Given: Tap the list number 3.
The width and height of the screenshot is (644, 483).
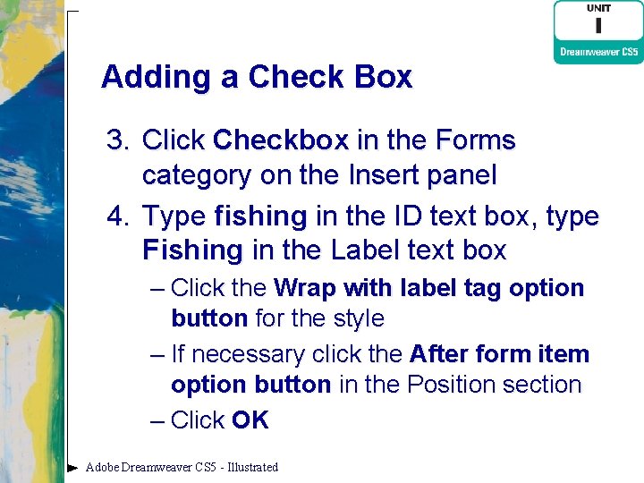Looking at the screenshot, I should click(x=117, y=140).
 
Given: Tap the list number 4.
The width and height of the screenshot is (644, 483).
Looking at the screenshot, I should click(x=117, y=216).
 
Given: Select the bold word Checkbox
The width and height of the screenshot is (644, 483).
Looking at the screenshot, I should click(x=281, y=140).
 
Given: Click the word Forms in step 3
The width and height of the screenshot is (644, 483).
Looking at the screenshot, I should click(x=473, y=140).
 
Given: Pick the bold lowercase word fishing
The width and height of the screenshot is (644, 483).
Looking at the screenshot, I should click(x=260, y=216).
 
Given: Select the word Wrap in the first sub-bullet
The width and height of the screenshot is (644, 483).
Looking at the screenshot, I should click(x=306, y=288).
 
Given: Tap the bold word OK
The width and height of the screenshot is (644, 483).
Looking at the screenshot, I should click(x=250, y=420).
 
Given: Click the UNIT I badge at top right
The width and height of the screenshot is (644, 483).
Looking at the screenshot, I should click(x=598, y=20).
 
